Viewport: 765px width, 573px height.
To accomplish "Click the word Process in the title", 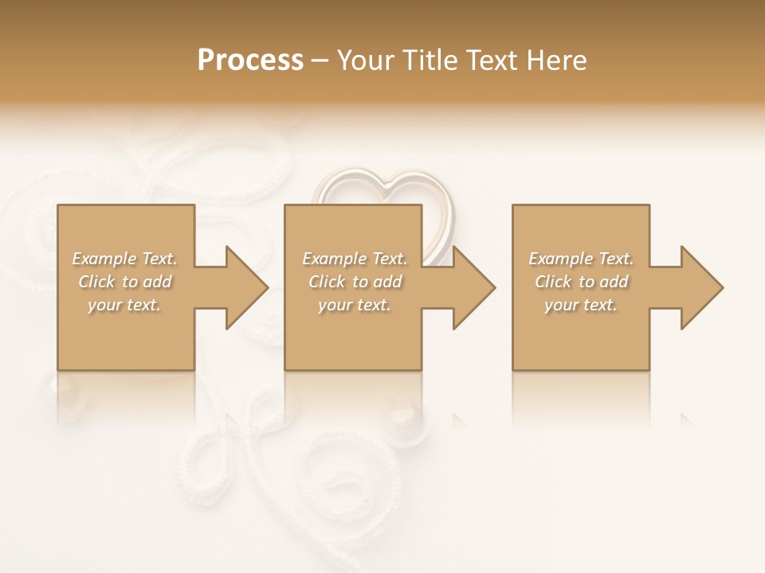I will [250, 60].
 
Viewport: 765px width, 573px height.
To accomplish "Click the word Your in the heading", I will [367, 60].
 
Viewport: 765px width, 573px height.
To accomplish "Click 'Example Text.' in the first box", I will [125, 259].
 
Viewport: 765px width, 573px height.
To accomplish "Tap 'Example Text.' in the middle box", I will [355, 259].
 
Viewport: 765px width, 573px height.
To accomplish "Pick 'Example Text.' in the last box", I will [581, 259].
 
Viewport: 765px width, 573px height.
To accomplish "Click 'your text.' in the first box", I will [125, 305].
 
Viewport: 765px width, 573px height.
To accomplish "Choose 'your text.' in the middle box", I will [355, 305].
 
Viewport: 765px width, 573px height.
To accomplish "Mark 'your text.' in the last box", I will [581, 305].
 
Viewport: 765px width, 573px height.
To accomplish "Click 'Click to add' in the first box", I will [125, 282].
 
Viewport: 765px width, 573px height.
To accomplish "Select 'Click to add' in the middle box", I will [355, 282].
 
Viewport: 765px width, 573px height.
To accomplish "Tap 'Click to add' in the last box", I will [581, 282].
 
